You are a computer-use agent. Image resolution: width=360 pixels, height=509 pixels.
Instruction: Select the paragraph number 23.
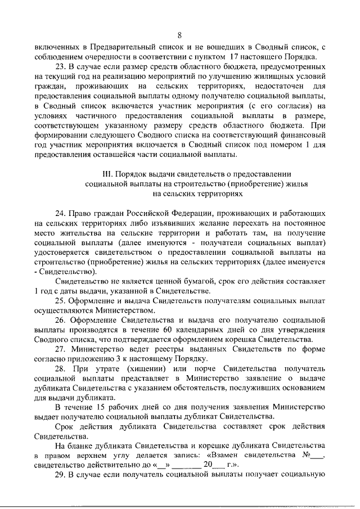[x=60, y=66]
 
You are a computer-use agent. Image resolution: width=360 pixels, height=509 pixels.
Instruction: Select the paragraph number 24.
[x=60, y=213]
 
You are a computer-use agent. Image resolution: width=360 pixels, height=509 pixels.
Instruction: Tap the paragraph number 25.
[x=60, y=300]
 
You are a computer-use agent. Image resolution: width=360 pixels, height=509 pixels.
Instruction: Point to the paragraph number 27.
[x=60, y=349]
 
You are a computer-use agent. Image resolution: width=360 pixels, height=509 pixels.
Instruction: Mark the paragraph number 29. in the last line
[x=60, y=475]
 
